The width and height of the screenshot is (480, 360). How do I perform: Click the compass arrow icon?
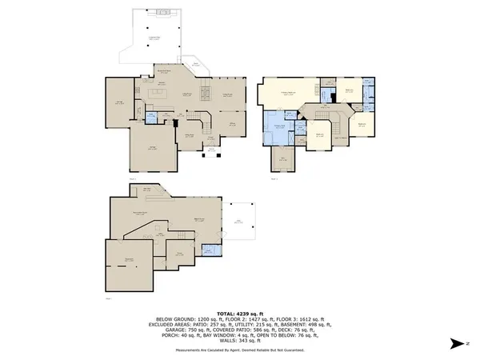(454, 343)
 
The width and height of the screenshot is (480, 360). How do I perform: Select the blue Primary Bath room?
(279, 129)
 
